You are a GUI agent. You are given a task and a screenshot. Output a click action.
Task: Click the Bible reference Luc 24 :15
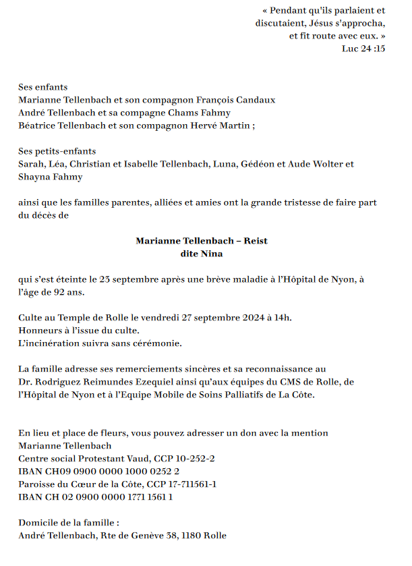(363, 49)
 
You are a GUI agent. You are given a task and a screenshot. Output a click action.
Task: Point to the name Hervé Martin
(224, 125)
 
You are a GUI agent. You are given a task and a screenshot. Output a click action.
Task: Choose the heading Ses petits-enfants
(57, 151)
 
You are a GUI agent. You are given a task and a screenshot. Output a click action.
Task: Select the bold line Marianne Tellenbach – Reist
(202, 241)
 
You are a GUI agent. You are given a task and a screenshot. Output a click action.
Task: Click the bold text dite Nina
(202, 254)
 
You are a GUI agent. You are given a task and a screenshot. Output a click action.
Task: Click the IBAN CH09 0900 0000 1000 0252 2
(98, 472)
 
